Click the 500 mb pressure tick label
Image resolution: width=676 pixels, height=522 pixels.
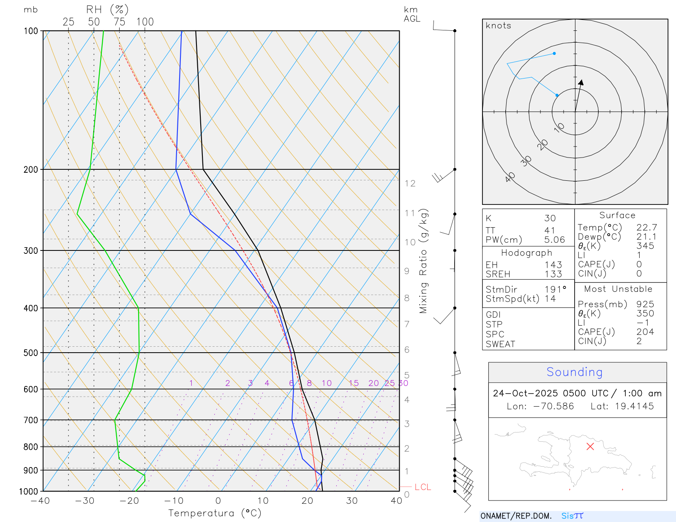pos(30,353)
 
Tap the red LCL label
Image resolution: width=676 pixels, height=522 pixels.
pos(422,487)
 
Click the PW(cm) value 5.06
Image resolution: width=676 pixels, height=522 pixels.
pos(554,240)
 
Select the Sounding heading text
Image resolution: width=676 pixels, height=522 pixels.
pos(575,372)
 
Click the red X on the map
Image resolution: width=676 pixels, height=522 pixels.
pos(590,446)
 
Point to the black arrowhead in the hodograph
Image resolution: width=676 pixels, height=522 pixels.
pos(581,82)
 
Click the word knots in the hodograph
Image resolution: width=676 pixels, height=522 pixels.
pos(499,26)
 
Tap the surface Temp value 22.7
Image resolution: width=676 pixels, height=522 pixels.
pos(647,228)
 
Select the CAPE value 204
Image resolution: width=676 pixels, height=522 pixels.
pos(645,332)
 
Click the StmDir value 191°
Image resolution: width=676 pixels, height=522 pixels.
pos(555,290)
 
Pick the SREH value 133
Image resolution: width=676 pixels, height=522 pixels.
pos(553,274)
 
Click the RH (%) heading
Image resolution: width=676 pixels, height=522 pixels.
pos(107,10)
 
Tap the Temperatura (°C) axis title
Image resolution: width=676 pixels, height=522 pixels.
pos(215,513)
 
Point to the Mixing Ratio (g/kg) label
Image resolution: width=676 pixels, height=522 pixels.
pos(423,261)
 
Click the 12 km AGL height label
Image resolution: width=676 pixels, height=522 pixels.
pos(410,183)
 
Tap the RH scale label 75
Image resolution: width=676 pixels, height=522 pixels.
pos(120,22)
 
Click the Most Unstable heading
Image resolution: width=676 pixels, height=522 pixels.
pos(618,289)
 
